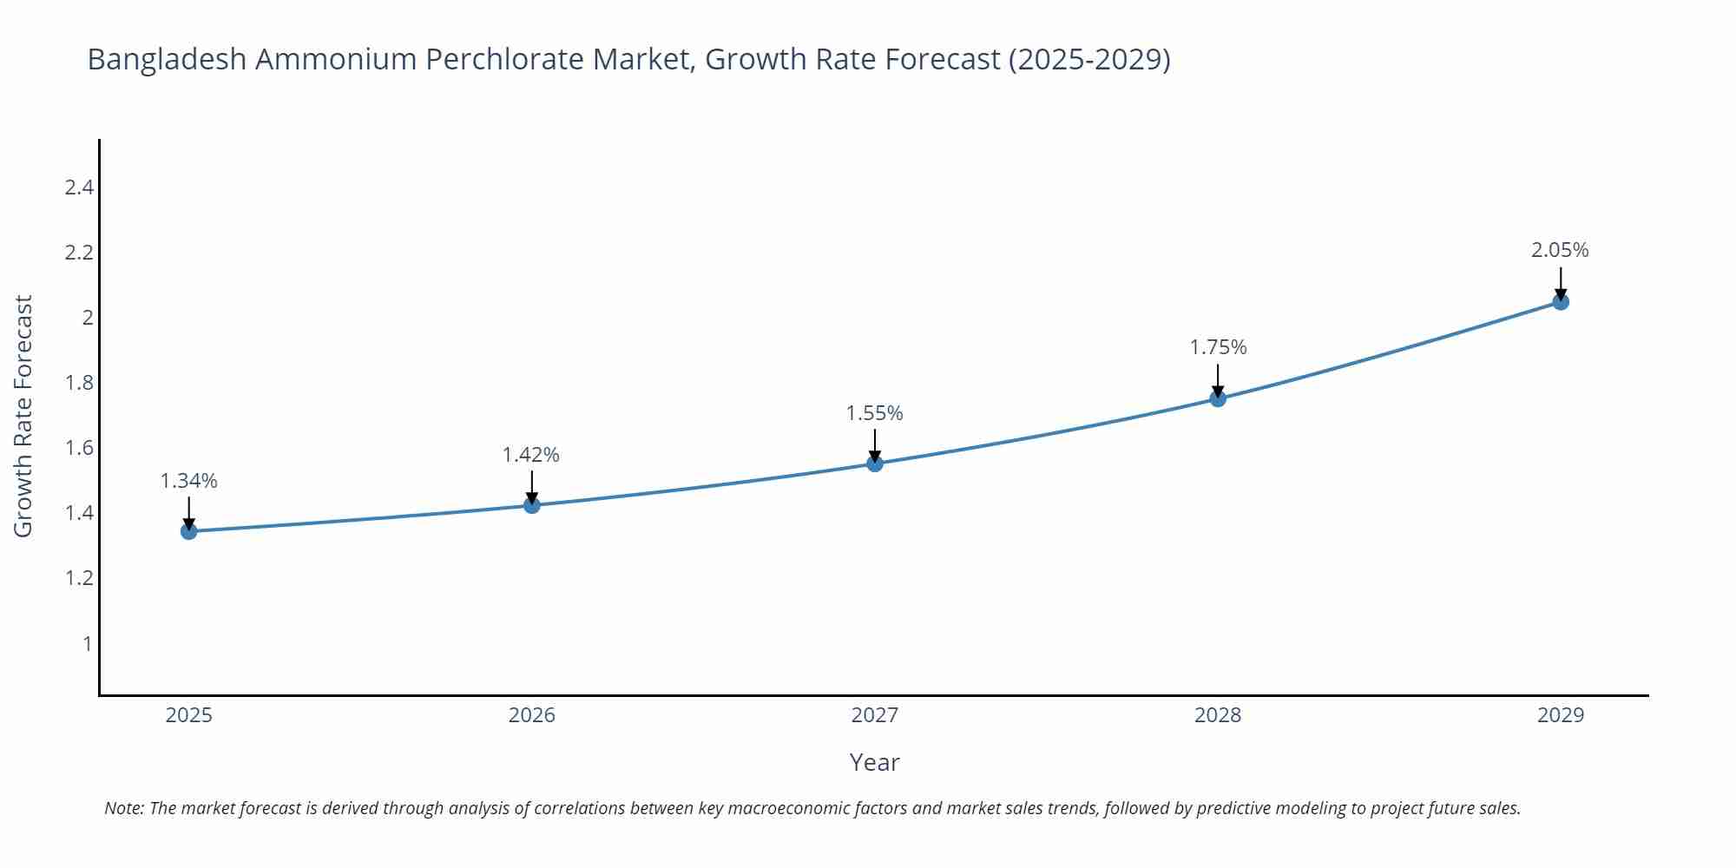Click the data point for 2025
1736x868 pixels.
pos(189,531)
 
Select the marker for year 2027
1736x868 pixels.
pos(875,464)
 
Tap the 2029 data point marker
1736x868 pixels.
pos(1561,302)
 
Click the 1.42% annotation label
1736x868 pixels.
pos(531,455)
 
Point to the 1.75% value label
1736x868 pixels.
pos(1218,347)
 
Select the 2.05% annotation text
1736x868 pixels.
pos(1560,250)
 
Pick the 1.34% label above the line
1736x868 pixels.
pos(189,481)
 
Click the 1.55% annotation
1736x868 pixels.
pos(875,413)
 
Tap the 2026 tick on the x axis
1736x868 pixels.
pos(531,715)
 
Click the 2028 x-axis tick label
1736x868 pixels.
pos(1218,715)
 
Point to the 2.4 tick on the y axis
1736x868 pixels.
pos(79,187)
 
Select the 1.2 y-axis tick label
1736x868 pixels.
pos(79,578)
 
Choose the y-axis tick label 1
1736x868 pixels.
pos(87,643)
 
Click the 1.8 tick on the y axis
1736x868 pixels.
pos(79,383)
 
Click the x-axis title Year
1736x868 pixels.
pos(874,762)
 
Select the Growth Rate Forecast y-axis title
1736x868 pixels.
pos(23,416)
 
